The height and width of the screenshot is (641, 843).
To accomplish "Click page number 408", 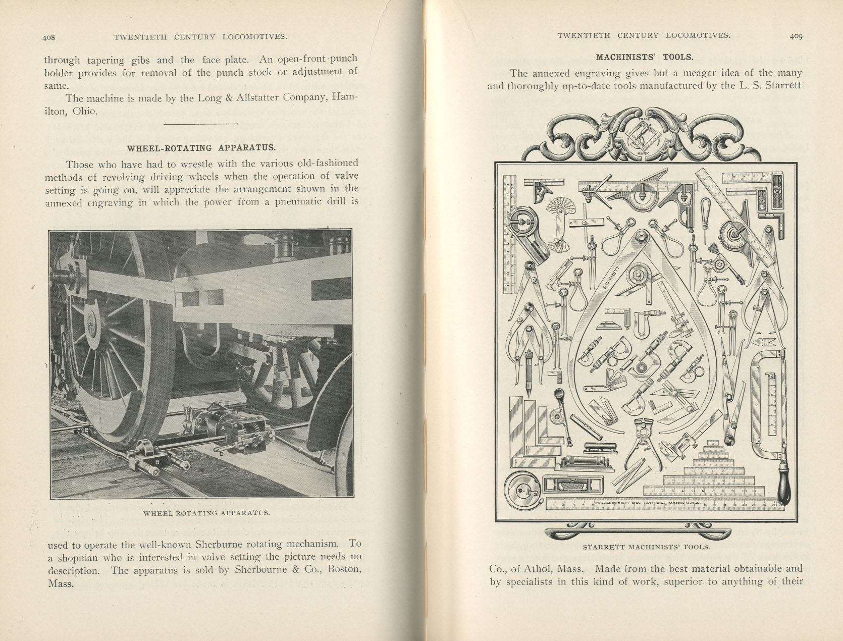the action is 48,37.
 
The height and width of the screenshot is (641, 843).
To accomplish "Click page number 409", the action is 796,36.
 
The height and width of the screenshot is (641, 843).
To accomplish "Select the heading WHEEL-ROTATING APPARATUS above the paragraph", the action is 201,148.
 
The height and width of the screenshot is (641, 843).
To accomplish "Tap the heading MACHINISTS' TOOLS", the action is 645,57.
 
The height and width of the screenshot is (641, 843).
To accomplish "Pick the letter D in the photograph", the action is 200,420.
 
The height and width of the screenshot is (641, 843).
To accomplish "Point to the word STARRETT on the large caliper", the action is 611,276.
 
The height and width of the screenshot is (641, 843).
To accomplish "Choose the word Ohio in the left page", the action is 84,111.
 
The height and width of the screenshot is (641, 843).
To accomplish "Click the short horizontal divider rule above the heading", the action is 201,124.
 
